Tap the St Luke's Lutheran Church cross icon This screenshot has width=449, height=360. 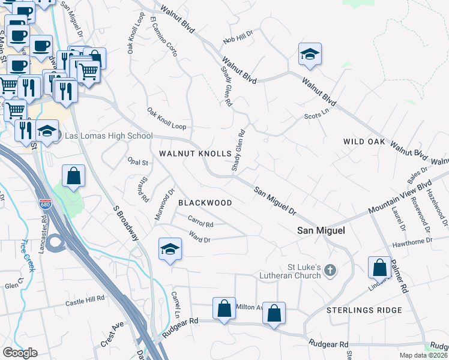click(x=330, y=271)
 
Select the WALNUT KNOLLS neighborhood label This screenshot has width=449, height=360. click(x=195, y=154)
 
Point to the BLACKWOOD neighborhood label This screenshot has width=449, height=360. click(x=205, y=203)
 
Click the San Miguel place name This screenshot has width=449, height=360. click(x=321, y=230)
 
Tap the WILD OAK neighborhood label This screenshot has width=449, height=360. click(x=364, y=142)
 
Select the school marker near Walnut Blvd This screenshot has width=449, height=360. click(x=310, y=55)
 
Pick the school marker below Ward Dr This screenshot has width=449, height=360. click(x=170, y=248)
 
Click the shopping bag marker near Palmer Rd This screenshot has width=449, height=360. click(x=381, y=268)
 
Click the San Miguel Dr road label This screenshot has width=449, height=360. click(x=276, y=200)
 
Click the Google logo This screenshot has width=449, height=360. click(x=20, y=353)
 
